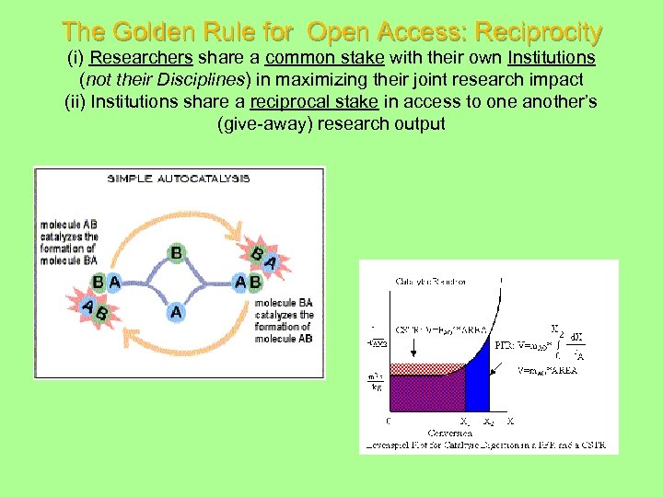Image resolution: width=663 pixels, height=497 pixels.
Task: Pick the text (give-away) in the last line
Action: coord(264,122)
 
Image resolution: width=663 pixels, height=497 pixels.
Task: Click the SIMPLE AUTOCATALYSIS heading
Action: coord(179,179)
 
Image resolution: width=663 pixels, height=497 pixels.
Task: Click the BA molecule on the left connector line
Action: coord(107,282)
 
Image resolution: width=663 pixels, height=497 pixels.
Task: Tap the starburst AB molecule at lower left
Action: coord(94,311)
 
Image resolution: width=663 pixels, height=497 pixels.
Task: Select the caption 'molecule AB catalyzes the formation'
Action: coord(69,242)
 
